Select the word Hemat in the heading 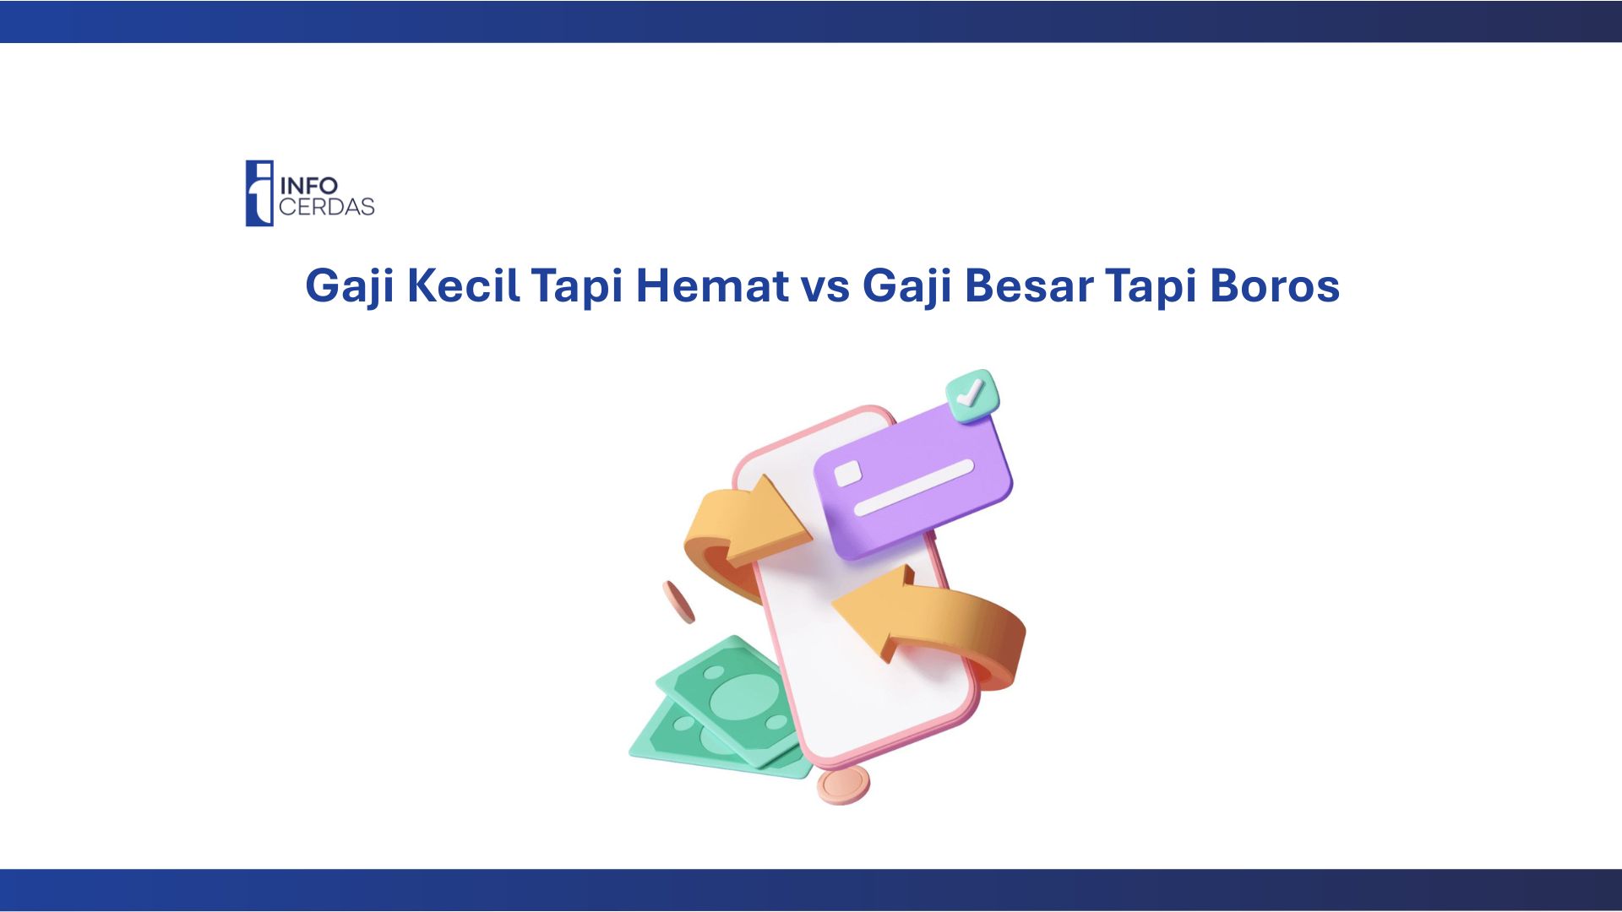click(712, 285)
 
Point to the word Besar click(1028, 285)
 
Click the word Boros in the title click(1275, 285)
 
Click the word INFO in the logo click(309, 186)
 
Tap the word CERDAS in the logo click(327, 207)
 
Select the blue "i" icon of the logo click(259, 193)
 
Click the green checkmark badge click(972, 394)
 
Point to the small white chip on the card click(847, 474)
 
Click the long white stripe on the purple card click(913, 487)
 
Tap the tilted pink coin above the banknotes click(678, 602)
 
